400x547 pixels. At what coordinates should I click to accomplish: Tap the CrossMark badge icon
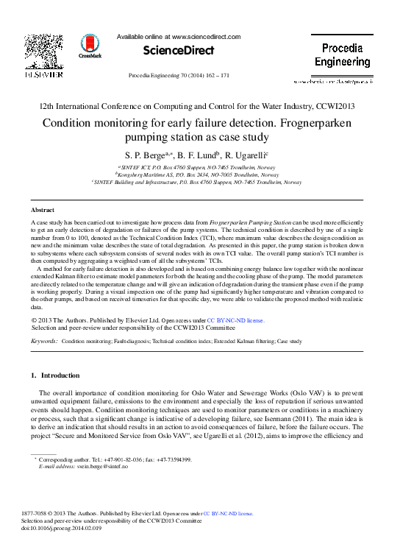90,46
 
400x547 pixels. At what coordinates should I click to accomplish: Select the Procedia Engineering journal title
342,55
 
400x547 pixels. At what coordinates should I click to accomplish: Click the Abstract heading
43,210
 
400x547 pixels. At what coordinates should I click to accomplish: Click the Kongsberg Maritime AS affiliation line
200,174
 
